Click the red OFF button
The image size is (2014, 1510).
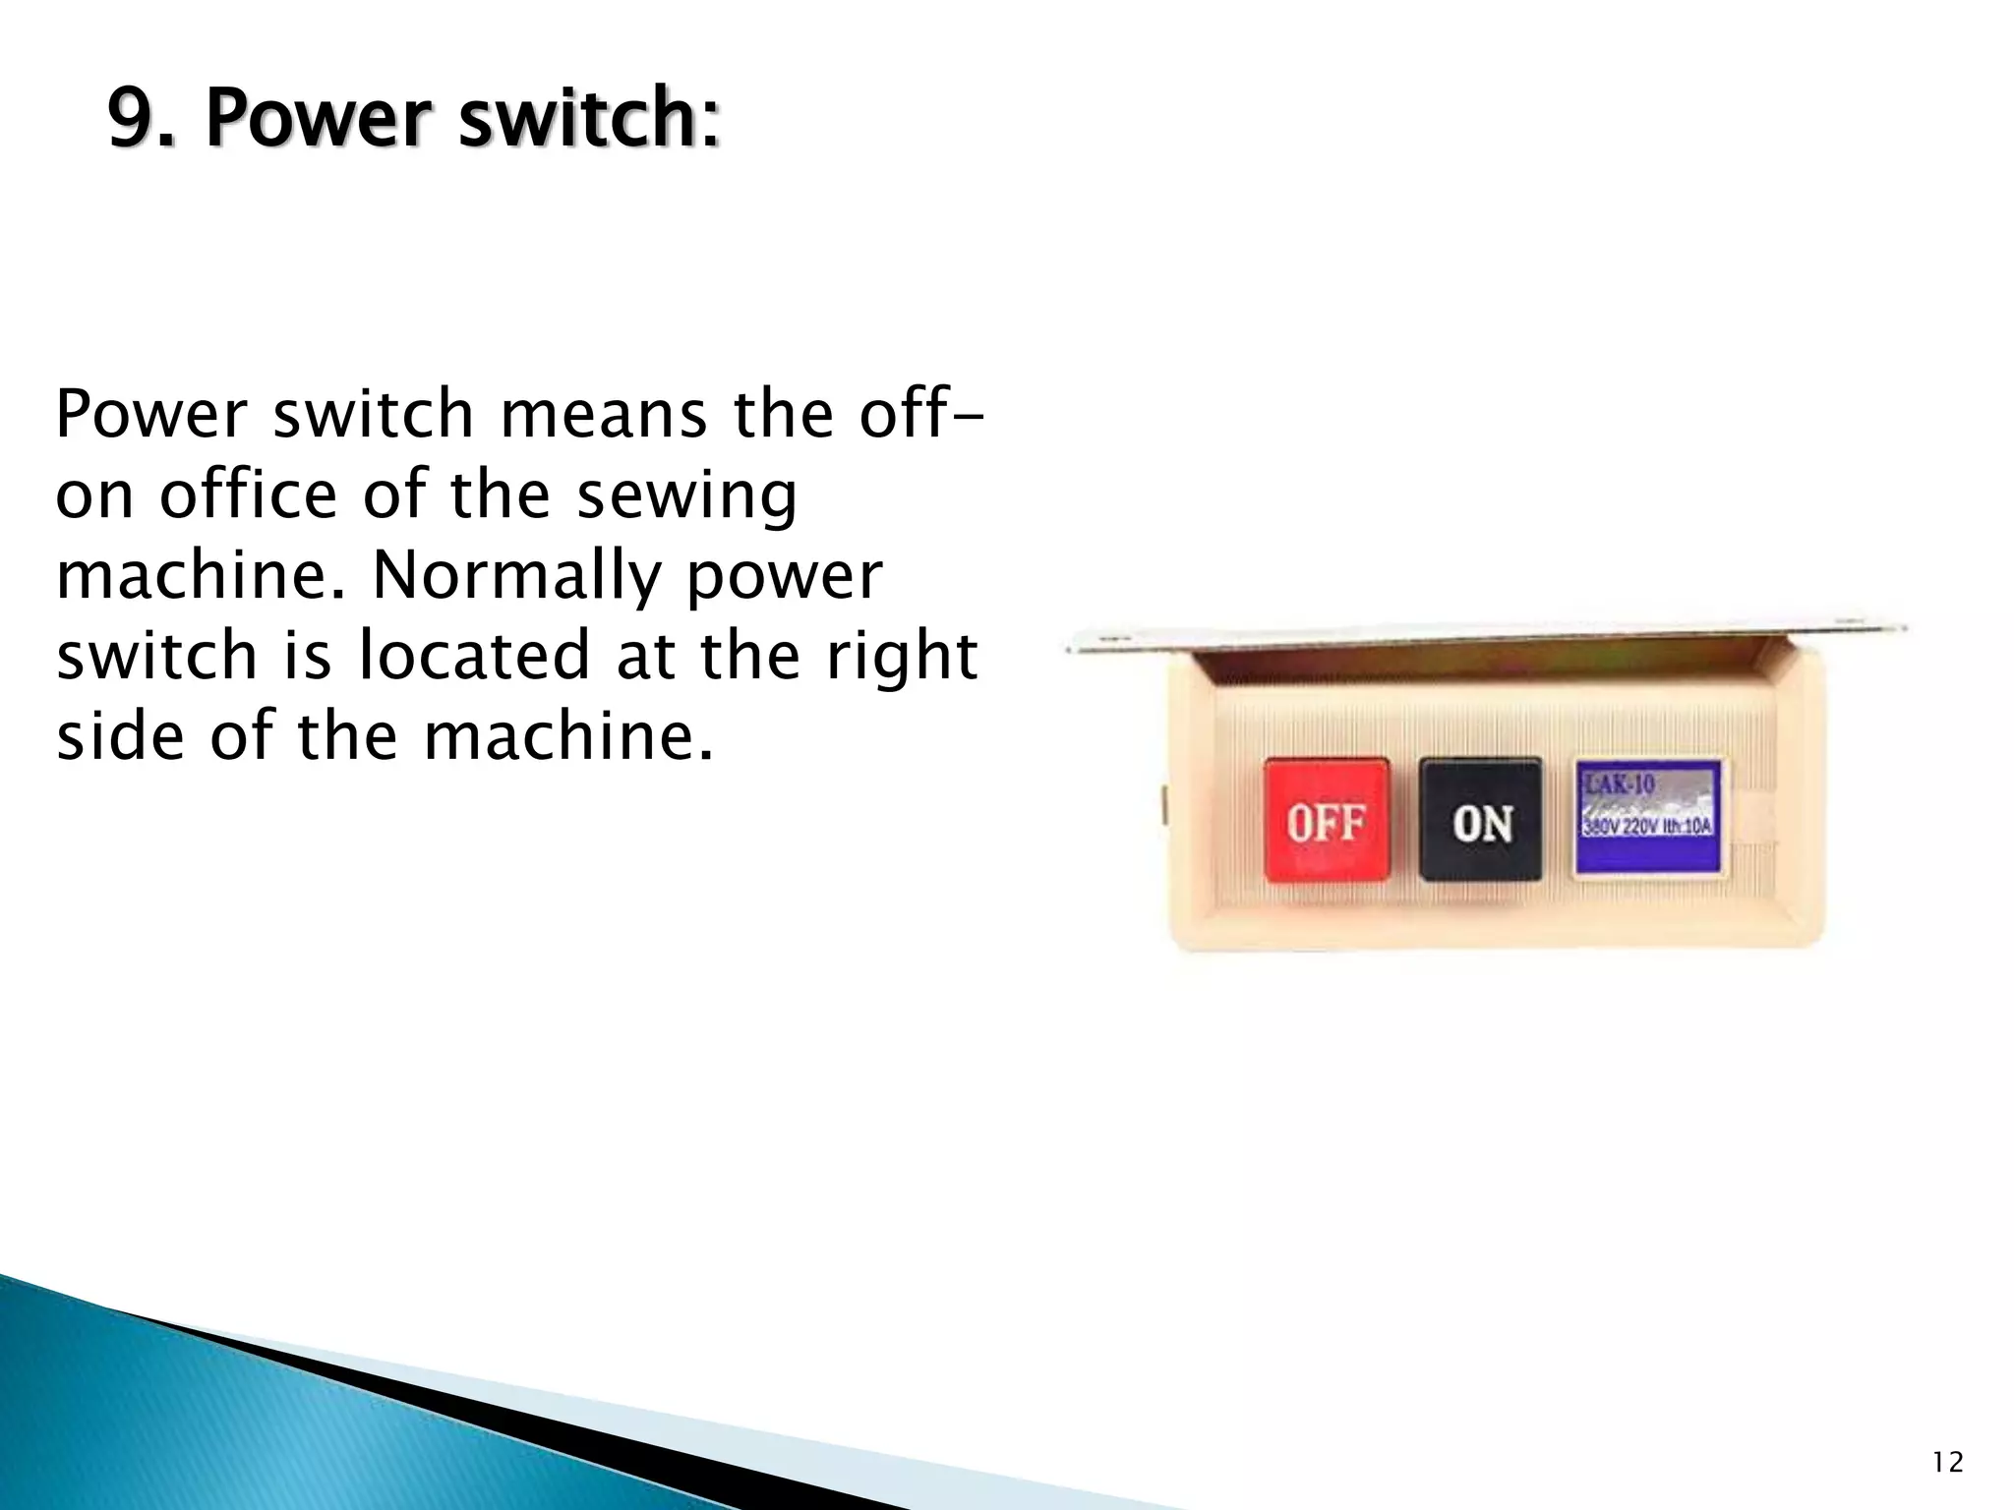click(x=1326, y=819)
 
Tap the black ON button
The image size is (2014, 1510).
click(x=1480, y=819)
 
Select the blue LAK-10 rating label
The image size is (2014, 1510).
click(x=1648, y=816)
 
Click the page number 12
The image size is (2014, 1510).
click(x=1947, y=1463)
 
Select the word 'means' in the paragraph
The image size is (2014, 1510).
click(x=604, y=414)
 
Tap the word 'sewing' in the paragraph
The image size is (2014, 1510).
click(x=685, y=496)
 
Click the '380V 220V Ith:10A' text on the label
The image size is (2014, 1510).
click(x=1647, y=827)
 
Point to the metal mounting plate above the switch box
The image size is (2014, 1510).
click(x=1485, y=629)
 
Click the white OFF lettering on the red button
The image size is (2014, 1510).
click(x=1326, y=822)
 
